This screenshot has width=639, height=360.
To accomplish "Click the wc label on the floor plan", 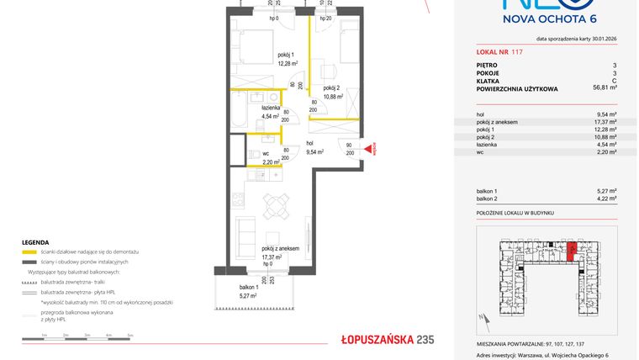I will click(265, 153).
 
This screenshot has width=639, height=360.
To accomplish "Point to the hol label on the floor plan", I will click(309, 143).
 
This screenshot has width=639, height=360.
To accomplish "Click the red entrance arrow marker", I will click(367, 150).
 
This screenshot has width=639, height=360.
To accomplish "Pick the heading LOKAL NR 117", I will click(499, 52).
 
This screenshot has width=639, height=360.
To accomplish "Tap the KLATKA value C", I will click(615, 79).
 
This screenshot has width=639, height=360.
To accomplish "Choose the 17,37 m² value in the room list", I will click(605, 122).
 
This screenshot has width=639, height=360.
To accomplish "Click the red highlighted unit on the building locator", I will click(571, 251).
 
